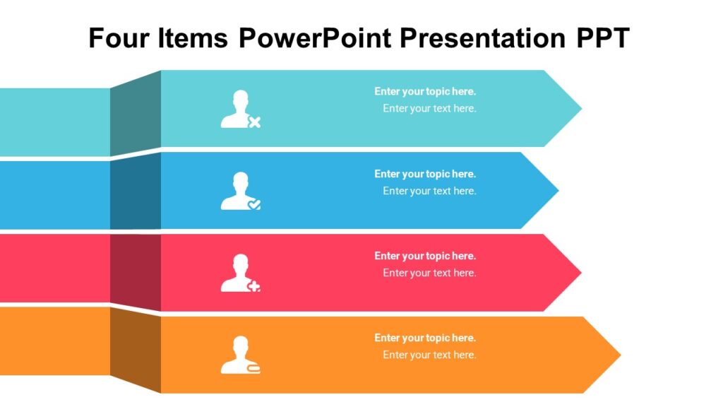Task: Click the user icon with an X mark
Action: click(240, 110)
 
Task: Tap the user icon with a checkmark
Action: click(240, 191)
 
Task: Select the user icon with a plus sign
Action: click(240, 273)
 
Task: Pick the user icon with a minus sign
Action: click(240, 355)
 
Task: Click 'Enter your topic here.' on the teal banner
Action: click(425, 92)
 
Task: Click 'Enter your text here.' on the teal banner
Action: click(429, 109)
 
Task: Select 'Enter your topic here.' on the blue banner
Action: click(425, 174)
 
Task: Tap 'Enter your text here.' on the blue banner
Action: click(429, 191)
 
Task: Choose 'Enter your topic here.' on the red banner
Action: click(425, 256)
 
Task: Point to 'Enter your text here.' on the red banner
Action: click(429, 273)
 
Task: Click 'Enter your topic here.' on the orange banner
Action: click(425, 338)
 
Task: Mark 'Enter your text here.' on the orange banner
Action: click(429, 355)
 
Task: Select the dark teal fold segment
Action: click(136, 113)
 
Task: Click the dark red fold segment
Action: click(136, 271)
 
